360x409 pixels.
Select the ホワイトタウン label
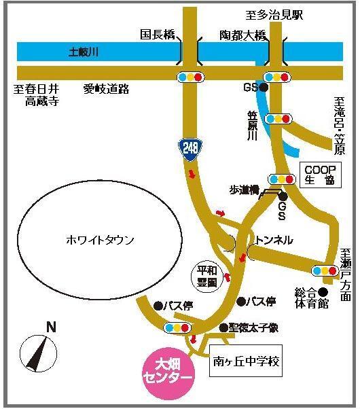coord(101,240)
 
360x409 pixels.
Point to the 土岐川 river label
coord(85,51)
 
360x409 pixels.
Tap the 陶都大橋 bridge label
coord(243,34)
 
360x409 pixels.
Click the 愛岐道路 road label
coord(107,88)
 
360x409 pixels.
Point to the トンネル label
coord(274,240)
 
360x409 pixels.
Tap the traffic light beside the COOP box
coord(281,179)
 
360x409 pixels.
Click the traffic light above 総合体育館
coord(324,270)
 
